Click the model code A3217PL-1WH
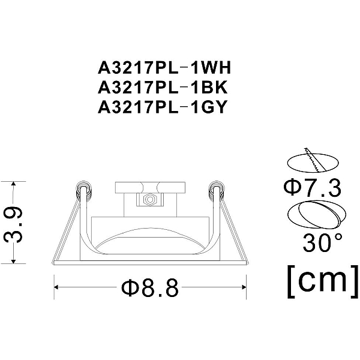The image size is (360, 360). pyautogui.click(x=164, y=68)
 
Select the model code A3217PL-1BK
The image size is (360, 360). pyautogui.click(x=163, y=88)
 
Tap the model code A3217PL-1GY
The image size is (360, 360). pyautogui.click(x=163, y=107)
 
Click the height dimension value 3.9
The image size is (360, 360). pyautogui.click(x=13, y=223)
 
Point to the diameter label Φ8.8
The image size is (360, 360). pyautogui.click(x=150, y=287)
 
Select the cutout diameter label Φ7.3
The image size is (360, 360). pyautogui.click(x=312, y=188)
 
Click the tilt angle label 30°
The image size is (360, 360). pyautogui.click(x=322, y=242)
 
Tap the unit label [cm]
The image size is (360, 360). pyautogui.click(x=323, y=281)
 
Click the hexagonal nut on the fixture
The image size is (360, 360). pyautogui.click(x=149, y=200)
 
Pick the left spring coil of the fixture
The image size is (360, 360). pyautogui.click(x=83, y=189)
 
